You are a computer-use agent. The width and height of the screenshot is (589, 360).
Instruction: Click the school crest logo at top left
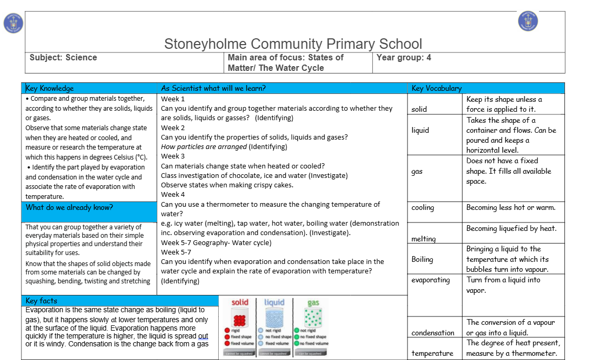[13, 23]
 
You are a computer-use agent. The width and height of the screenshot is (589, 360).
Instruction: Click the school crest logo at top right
[528, 21]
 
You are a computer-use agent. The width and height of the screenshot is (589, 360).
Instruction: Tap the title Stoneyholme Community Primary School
[293, 44]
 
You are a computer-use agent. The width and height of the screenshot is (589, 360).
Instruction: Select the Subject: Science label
[63, 58]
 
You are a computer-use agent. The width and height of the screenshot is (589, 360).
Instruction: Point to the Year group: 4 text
[403, 58]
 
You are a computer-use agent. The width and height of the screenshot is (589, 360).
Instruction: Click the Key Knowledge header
[50, 88]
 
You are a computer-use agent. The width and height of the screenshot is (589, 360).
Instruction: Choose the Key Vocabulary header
[436, 88]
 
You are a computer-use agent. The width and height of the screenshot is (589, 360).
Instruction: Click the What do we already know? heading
[69, 207]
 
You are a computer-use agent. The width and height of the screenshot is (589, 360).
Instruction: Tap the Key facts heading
[41, 301]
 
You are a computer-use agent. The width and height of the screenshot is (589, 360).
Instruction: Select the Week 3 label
[173, 156]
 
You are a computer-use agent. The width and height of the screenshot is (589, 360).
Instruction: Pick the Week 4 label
[173, 195]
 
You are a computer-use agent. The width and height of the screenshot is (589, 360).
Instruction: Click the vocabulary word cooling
[423, 207]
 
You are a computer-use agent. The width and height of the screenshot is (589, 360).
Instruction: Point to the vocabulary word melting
[424, 239]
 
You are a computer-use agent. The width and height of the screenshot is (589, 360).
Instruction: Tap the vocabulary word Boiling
[422, 259]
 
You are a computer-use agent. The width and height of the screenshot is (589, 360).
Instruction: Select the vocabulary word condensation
[433, 333]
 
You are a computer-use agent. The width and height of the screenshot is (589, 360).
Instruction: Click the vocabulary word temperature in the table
[432, 353]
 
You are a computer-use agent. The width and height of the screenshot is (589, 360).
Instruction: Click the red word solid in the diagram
[240, 302]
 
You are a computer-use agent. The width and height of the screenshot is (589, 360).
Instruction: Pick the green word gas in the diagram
[313, 303]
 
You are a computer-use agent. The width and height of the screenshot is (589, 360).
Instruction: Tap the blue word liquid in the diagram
[274, 302]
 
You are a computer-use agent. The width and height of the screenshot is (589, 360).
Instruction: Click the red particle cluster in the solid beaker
[240, 320]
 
